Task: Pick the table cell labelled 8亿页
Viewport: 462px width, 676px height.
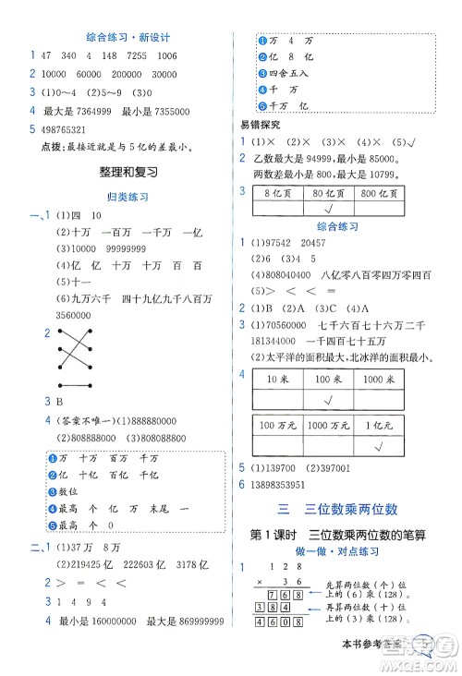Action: click(x=278, y=193)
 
